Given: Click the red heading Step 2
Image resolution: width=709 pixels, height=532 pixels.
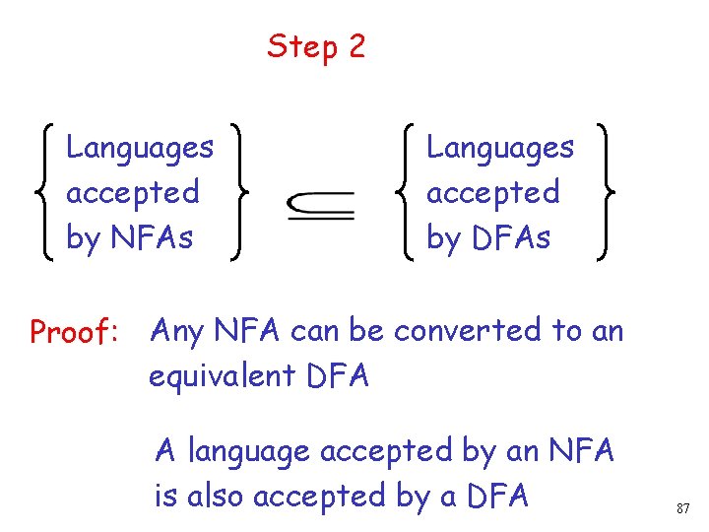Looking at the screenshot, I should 315,46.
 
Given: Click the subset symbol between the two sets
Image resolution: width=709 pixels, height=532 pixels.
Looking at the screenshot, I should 321,206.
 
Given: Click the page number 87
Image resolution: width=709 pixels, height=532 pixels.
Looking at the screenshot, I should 682,509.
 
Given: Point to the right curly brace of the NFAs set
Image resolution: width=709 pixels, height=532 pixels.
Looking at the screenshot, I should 237,191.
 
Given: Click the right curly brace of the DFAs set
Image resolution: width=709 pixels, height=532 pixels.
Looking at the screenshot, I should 598,191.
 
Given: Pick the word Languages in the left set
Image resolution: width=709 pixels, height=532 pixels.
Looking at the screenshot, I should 140,148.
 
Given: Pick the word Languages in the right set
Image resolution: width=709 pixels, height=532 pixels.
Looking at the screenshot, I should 500,148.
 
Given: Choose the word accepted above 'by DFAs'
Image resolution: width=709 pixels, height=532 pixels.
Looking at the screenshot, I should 492,193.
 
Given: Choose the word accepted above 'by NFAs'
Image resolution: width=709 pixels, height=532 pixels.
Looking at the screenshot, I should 132,193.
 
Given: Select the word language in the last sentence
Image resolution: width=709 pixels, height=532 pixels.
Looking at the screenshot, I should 250,452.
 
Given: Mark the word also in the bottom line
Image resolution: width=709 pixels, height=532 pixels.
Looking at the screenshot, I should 214,497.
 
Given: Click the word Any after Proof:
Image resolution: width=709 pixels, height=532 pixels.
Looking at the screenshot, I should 177,332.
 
